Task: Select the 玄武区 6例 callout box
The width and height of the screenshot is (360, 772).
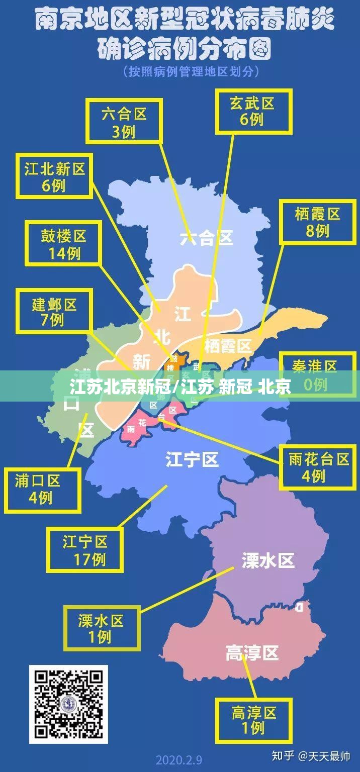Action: [x=253, y=111]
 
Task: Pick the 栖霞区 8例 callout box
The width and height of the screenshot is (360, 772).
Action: [x=317, y=222]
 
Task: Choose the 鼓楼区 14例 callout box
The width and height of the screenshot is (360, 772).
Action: [x=64, y=243]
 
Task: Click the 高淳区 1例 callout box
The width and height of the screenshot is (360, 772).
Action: [x=254, y=720]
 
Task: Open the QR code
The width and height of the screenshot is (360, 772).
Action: [x=68, y=704]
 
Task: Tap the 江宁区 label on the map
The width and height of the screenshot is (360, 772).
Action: [x=192, y=458]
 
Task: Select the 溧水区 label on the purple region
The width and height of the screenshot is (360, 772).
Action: [x=268, y=560]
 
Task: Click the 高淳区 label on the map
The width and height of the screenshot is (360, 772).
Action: [x=251, y=653]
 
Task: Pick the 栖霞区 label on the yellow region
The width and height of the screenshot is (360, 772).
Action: [x=228, y=346]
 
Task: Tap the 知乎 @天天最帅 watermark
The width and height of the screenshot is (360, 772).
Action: [x=310, y=755]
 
